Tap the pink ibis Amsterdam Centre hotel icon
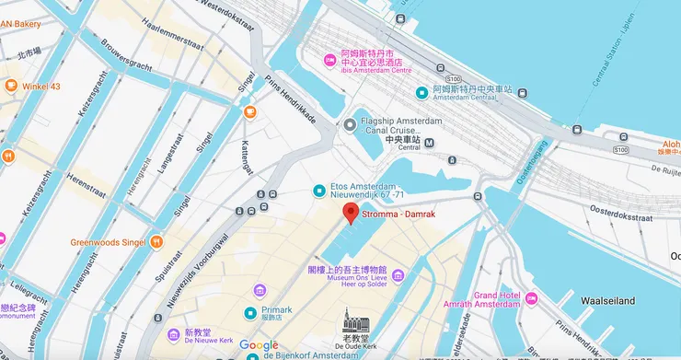point(329,61)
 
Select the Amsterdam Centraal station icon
point(421,91)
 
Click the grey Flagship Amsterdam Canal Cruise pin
point(351,125)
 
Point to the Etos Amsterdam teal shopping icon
point(318,190)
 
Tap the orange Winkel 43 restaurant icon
point(11,87)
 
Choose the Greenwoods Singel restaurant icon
point(157,242)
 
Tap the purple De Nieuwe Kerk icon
point(174,333)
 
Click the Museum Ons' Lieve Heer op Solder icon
point(398,275)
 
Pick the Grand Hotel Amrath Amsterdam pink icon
point(530,300)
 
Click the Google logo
point(259,346)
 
